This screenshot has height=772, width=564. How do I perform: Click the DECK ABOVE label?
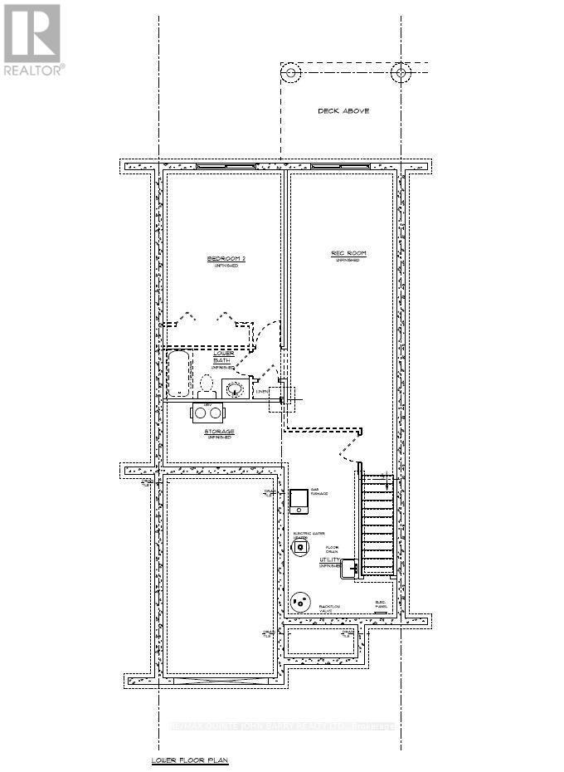pos(343,110)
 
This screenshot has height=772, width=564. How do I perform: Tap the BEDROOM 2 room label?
pos(226,259)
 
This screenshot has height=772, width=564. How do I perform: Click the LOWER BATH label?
pos(223,356)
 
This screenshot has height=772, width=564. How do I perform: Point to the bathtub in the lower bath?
pos(178,374)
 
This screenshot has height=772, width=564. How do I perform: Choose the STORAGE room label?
pos(219,432)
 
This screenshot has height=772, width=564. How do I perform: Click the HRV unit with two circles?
pos(207,413)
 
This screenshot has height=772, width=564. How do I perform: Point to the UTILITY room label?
pos(330,561)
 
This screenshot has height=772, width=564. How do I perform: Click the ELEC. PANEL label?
pos(382,604)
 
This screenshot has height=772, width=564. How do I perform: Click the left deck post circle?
pos(292,73)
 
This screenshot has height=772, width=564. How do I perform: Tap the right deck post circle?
pos(401,73)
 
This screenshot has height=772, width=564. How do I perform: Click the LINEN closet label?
pos(262,390)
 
